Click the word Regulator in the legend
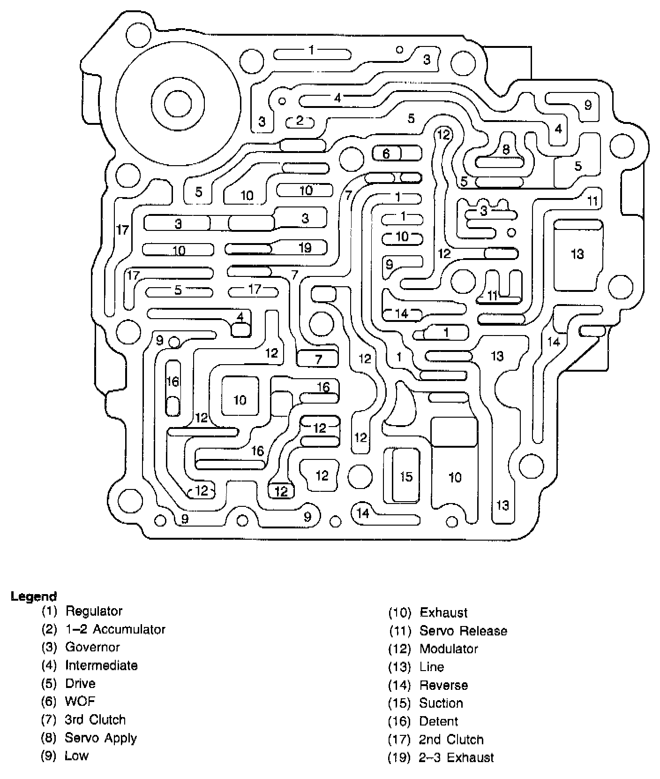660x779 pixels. pyautogui.click(x=94, y=611)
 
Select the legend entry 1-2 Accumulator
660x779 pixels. pyautogui.click(x=115, y=629)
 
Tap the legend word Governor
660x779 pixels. pyautogui.click(x=92, y=647)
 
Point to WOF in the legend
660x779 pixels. pyautogui.click(x=80, y=702)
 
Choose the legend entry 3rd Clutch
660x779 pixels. pyautogui.click(x=95, y=719)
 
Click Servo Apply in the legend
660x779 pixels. pyautogui.click(x=101, y=738)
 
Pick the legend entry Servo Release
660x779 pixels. pyautogui.click(x=463, y=631)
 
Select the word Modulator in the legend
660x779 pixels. pyautogui.click(x=449, y=649)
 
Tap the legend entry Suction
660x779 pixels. pyautogui.click(x=441, y=703)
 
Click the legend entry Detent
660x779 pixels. pyautogui.click(x=439, y=721)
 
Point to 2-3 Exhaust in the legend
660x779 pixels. pyautogui.click(x=456, y=757)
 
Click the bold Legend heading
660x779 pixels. pyautogui.click(x=34, y=596)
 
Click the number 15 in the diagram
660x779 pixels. pyautogui.click(x=406, y=477)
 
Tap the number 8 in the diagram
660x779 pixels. pyautogui.click(x=506, y=150)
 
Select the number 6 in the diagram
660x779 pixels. pyautogui.click(x=386, y=153)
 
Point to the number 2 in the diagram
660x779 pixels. pyautogui.click(x=300, y=121)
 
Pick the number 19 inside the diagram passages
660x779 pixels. pyautogui.click(x=305, y=247)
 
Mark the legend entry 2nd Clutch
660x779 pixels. pyautogui.click(x=451, y=740)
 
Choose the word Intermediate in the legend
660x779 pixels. pyautogui.click(x=101, y=665)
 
